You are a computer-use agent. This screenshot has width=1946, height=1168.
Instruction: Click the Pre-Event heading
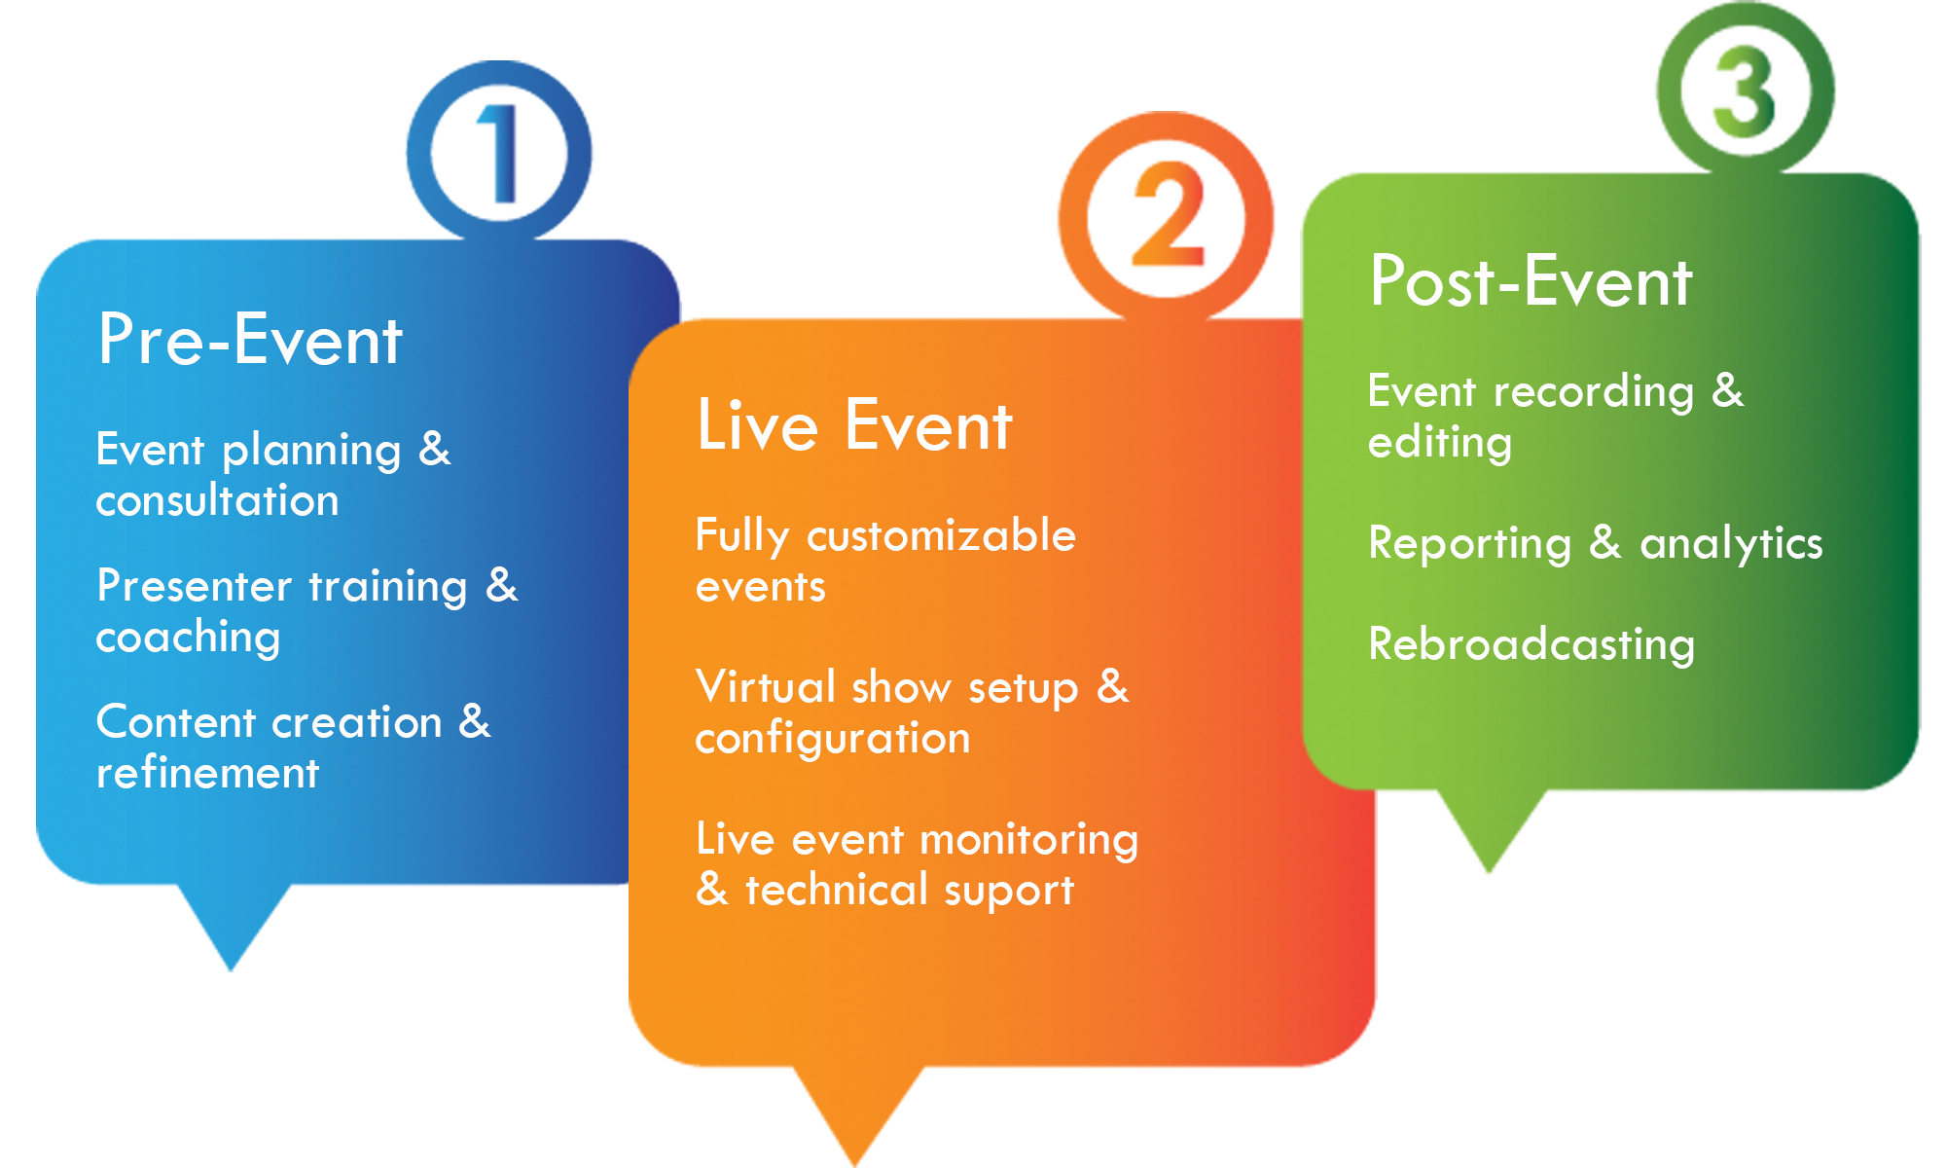(250, 340)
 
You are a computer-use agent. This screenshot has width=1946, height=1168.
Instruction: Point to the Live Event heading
(854, 425)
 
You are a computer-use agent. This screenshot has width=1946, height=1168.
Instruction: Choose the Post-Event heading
(1531, 281)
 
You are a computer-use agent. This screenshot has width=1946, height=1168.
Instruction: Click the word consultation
(218, 500)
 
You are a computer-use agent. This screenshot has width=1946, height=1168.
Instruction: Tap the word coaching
(189, 639)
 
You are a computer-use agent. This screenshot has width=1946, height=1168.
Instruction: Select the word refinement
(207, 773)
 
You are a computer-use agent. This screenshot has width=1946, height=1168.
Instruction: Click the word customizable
(941, 535)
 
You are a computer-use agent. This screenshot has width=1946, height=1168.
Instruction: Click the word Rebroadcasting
(1532, 645)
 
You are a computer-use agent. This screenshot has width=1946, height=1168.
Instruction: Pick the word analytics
(1731, 544)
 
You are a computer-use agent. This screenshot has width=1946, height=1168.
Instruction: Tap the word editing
(1440, 444)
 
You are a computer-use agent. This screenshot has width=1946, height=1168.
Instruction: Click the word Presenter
(195, 586)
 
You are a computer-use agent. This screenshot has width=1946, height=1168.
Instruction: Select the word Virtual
(766, 687)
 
